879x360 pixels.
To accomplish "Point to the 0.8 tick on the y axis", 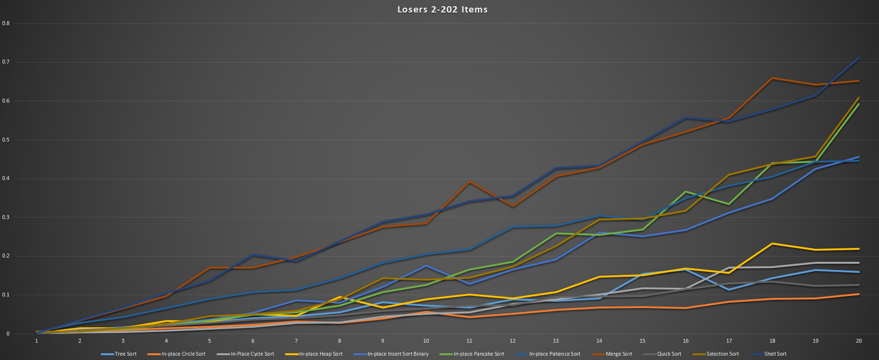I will point(6,23).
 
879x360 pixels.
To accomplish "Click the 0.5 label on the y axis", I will point(6,140).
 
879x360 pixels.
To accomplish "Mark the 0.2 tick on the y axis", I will point(6,256).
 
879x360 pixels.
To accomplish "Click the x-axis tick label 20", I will point(859,341).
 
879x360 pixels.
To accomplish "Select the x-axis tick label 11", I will point(469,341).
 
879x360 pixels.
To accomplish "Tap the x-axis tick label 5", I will point(209,341).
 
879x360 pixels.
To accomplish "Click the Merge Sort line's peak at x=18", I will point(772,78).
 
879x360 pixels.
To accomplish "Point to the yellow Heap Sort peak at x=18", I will point(772,244).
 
